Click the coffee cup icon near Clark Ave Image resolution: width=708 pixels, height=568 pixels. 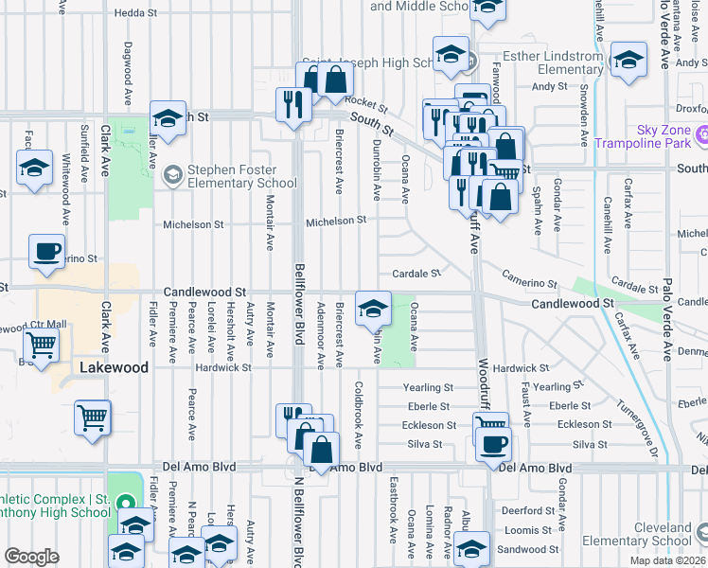[x=46, y=251]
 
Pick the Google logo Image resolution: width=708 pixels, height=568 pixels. [x=31, y=556]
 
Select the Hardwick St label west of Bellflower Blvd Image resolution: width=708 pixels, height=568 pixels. [x=223, y=367]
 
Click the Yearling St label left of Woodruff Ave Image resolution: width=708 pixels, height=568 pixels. [x=427, y=387]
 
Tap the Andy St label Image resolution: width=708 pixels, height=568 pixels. [x=548, y=86]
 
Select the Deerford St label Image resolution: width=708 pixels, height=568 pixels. [x=521, y=509]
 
